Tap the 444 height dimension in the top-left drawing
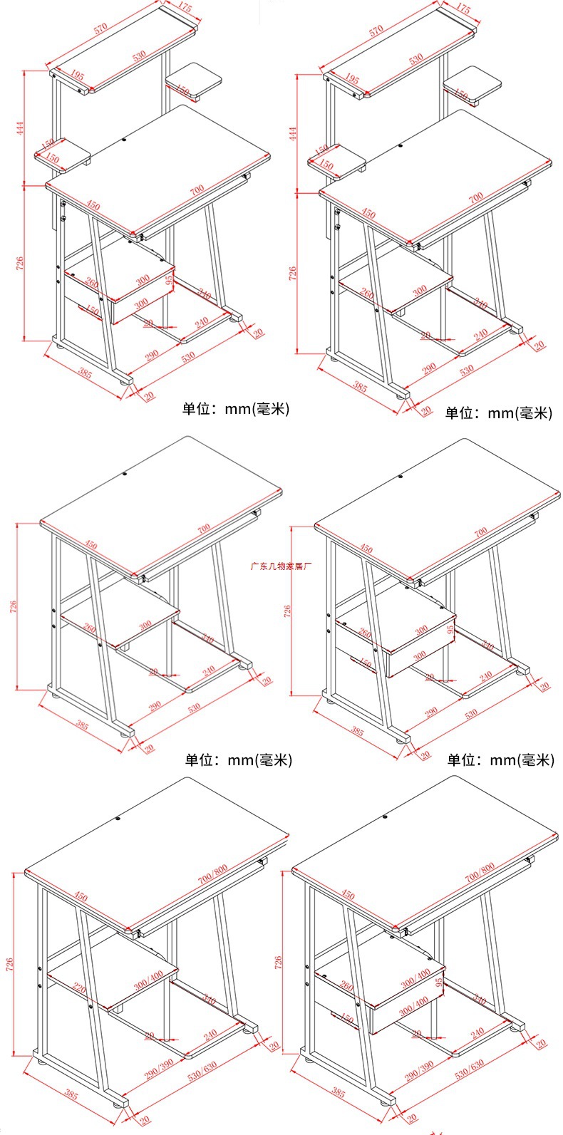pos(21,128)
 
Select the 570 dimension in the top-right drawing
pos(376,28)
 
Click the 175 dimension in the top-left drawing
pos(185,9)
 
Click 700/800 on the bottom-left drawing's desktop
pos(213,874)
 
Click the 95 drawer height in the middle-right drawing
pos(450,629)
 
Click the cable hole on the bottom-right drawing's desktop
pos(385,816)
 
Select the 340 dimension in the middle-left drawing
pos(207,638)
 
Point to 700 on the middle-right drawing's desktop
pos(480,532)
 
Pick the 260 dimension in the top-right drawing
pos(367,294)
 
